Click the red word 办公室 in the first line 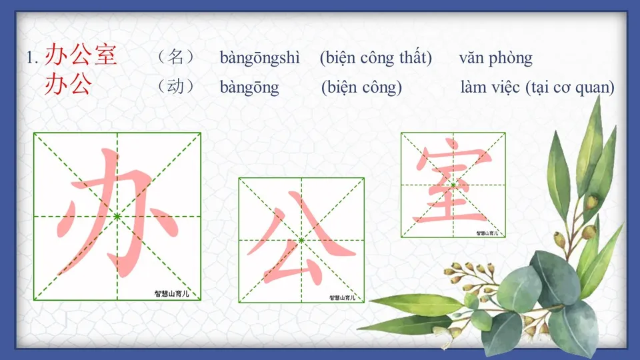point(81,56)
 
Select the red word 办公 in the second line point(68,85)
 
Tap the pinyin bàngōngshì point(260,58)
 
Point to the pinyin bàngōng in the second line point(249,87)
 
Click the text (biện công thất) point(375,58)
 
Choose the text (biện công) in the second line point(361,87)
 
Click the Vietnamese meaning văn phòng point(495,58)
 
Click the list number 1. point(32,58)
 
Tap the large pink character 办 point(117,213)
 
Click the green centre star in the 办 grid point(117,217)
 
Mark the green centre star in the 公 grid point(301,240)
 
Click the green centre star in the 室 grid point(453,185)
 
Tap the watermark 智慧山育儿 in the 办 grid point(177,293)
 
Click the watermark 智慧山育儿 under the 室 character point(489,233)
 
